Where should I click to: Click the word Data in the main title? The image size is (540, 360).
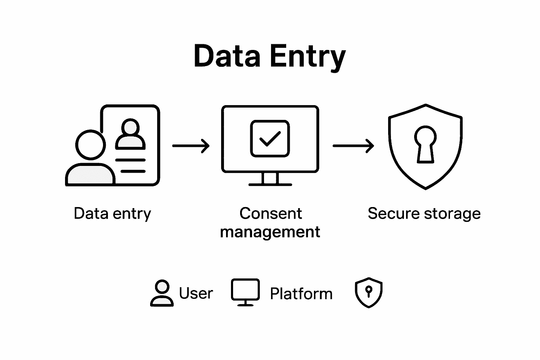pyautogui.click(x=227, y=56)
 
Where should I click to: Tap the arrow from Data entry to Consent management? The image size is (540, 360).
pyautogui.click(x=191, y=146)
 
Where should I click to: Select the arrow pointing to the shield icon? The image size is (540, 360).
pyautogui.click(x=353, y=146)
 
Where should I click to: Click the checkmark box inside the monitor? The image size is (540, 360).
pyautogui.click(x=270, y=139)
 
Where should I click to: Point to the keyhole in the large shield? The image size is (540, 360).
pyautogui.click(x=425, y=144)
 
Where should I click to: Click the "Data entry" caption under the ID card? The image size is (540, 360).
pyautogui.click(x=112, y=213)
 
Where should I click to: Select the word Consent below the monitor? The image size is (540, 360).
pyautogui.click(x=270, y=213)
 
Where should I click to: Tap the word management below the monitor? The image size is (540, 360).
pyautogui.click(x=270, y=232)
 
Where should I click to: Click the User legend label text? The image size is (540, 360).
pyautogui.click(x=196, y=293)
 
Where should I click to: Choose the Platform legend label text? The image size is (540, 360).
pyautogui.click(x=301, y=294)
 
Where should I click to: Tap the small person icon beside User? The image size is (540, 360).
pyautogui.click(x=162, y=293)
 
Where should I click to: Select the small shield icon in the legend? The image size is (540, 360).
pyautogui.click(x=368, y=292)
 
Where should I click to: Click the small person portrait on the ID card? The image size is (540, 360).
pyautogui.click(x=130, y=134)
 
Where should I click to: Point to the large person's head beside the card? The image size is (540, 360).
pyautogui.click(x=91, y=145)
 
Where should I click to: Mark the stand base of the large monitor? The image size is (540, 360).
pyautogui.click(x=270, y=184)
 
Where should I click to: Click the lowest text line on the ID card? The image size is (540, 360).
pyautogui.click(x=133, y=171)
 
